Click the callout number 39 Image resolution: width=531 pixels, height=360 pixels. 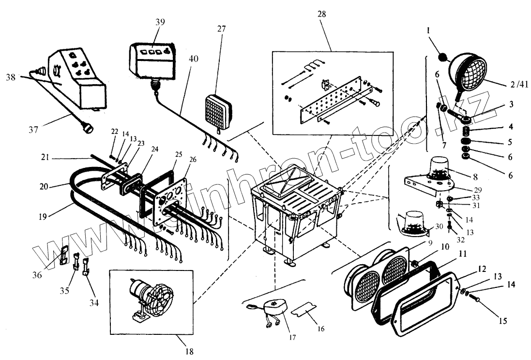tap(160, 22)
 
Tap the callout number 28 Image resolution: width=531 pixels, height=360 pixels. tap(321, 14)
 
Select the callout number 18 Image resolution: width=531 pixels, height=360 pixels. tap(189, 351)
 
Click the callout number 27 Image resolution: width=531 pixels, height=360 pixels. tap(221, 29)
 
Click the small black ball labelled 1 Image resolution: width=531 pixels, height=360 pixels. tap(443, 59)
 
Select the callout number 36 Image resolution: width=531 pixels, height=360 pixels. tap(50, 274)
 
